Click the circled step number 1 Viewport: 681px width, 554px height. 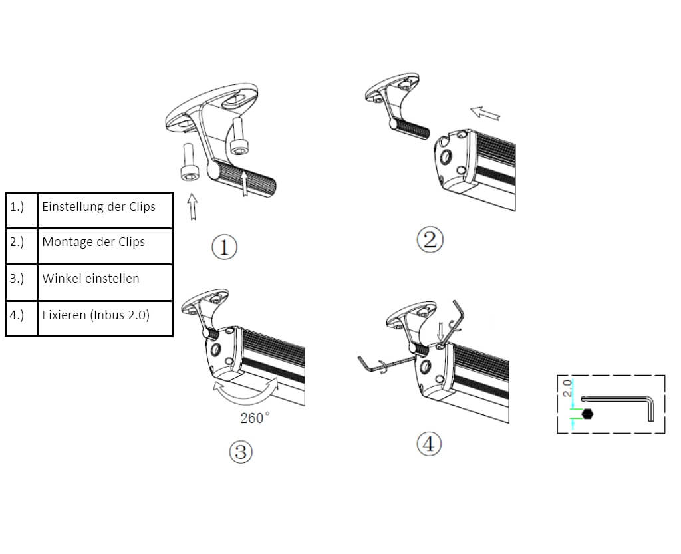[224, 247]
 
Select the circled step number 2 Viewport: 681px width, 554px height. [430, 239]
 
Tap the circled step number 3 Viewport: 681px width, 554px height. [241, 452]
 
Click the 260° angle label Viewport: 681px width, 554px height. [255, 418]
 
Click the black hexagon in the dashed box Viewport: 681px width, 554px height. [587, 414]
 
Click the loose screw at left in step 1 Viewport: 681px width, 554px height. [189, 163]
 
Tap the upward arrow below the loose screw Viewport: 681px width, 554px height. [192, 206]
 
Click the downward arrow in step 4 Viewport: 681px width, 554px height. [440, 331]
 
